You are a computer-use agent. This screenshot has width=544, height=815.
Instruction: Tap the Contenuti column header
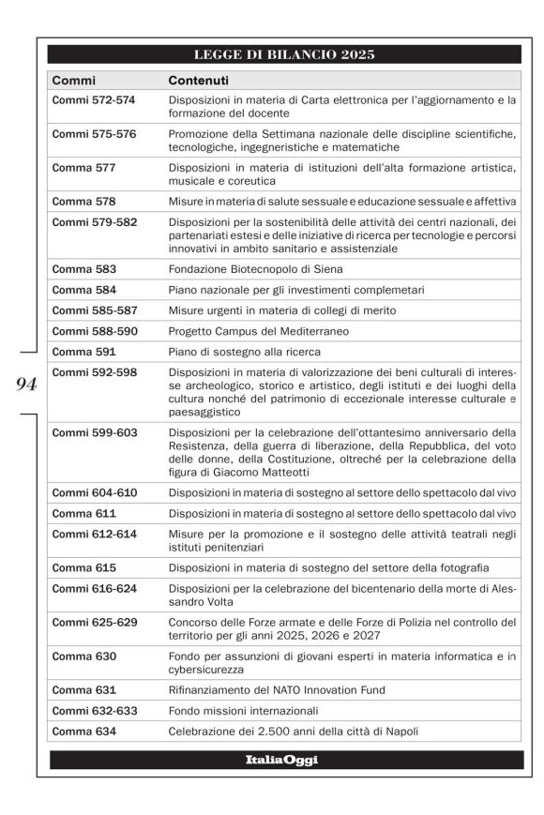tap(198, 81)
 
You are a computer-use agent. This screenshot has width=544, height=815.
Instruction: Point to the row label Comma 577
tap(84, 168)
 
